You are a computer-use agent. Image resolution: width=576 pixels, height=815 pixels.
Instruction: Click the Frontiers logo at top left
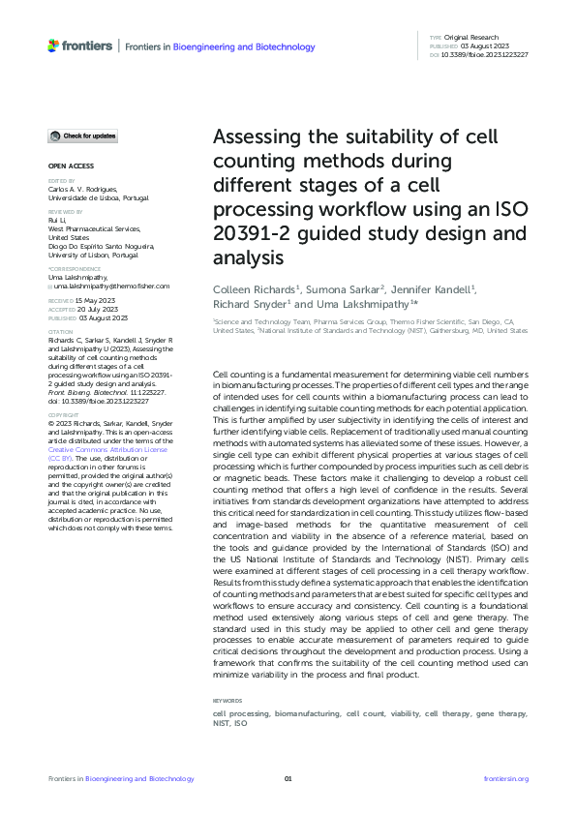click(x=77, y=45)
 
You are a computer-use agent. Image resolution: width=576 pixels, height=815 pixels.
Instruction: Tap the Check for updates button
click(x=83, y=136)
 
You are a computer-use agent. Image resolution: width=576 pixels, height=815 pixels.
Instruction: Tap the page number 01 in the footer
click(x=288, y=779)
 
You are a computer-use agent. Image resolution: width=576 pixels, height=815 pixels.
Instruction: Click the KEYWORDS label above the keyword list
click(x=228, y=700)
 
